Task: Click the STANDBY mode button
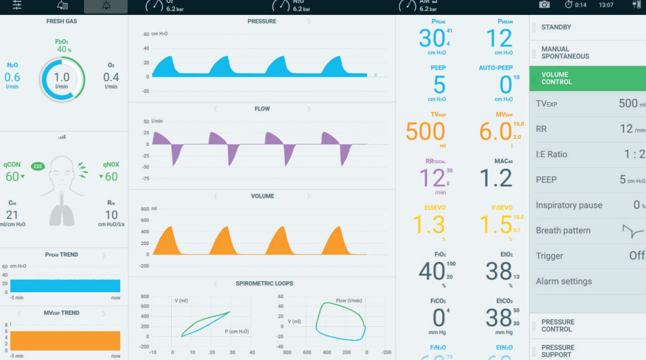pos(556,27)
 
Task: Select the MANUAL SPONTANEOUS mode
pos(565,52)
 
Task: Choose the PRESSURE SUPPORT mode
pos(557,351)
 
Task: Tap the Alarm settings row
pos(563,281)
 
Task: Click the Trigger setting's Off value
pos(636,256)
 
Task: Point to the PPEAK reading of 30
pos(432,39)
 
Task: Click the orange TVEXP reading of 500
pos(425,131)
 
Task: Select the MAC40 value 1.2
pos(496,178)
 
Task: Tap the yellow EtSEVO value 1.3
pos(428,224)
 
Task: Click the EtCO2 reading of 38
pos(499,317)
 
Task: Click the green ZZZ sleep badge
pos(37,166)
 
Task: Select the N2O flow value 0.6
pos(12,78)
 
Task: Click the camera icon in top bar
pos(545,5)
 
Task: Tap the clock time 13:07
pos(606,5)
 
